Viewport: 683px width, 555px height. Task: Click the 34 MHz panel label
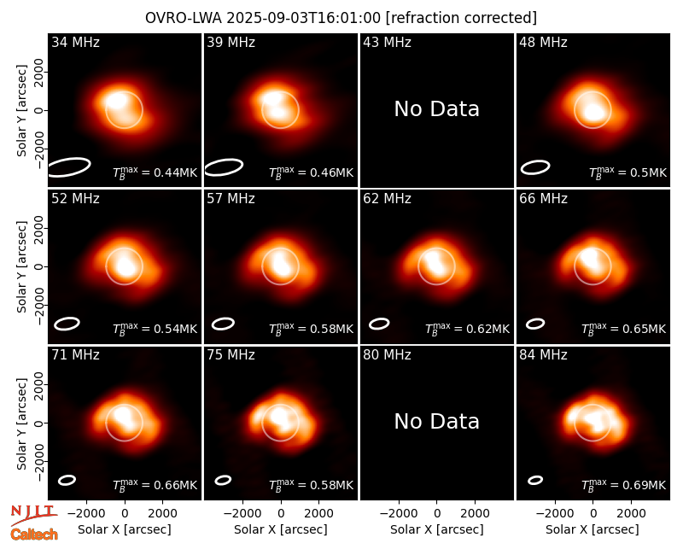(x=75, y=42)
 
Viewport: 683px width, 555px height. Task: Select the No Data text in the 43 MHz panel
(x=437, y=109)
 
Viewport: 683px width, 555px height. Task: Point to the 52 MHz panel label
(x=75, y=199)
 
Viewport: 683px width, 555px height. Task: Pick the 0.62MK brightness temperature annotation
(x=467, y=329)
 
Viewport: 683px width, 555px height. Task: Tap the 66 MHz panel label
(x=543, y=199)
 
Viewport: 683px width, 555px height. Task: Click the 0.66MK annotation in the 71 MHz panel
(x=155, y=485)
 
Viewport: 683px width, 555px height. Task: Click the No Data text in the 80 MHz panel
(x=437, y=422)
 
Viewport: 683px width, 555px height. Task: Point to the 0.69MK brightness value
(x=624, y=485)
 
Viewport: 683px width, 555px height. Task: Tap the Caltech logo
(x=34, y=535)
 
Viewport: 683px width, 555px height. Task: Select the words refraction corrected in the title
(x=461, y=18)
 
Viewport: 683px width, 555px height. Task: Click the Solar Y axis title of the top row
(x=21, y=111)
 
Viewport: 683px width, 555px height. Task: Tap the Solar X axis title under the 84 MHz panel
(x=593, y=529)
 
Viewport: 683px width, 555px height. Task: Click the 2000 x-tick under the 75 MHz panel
(x=318, y=514)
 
